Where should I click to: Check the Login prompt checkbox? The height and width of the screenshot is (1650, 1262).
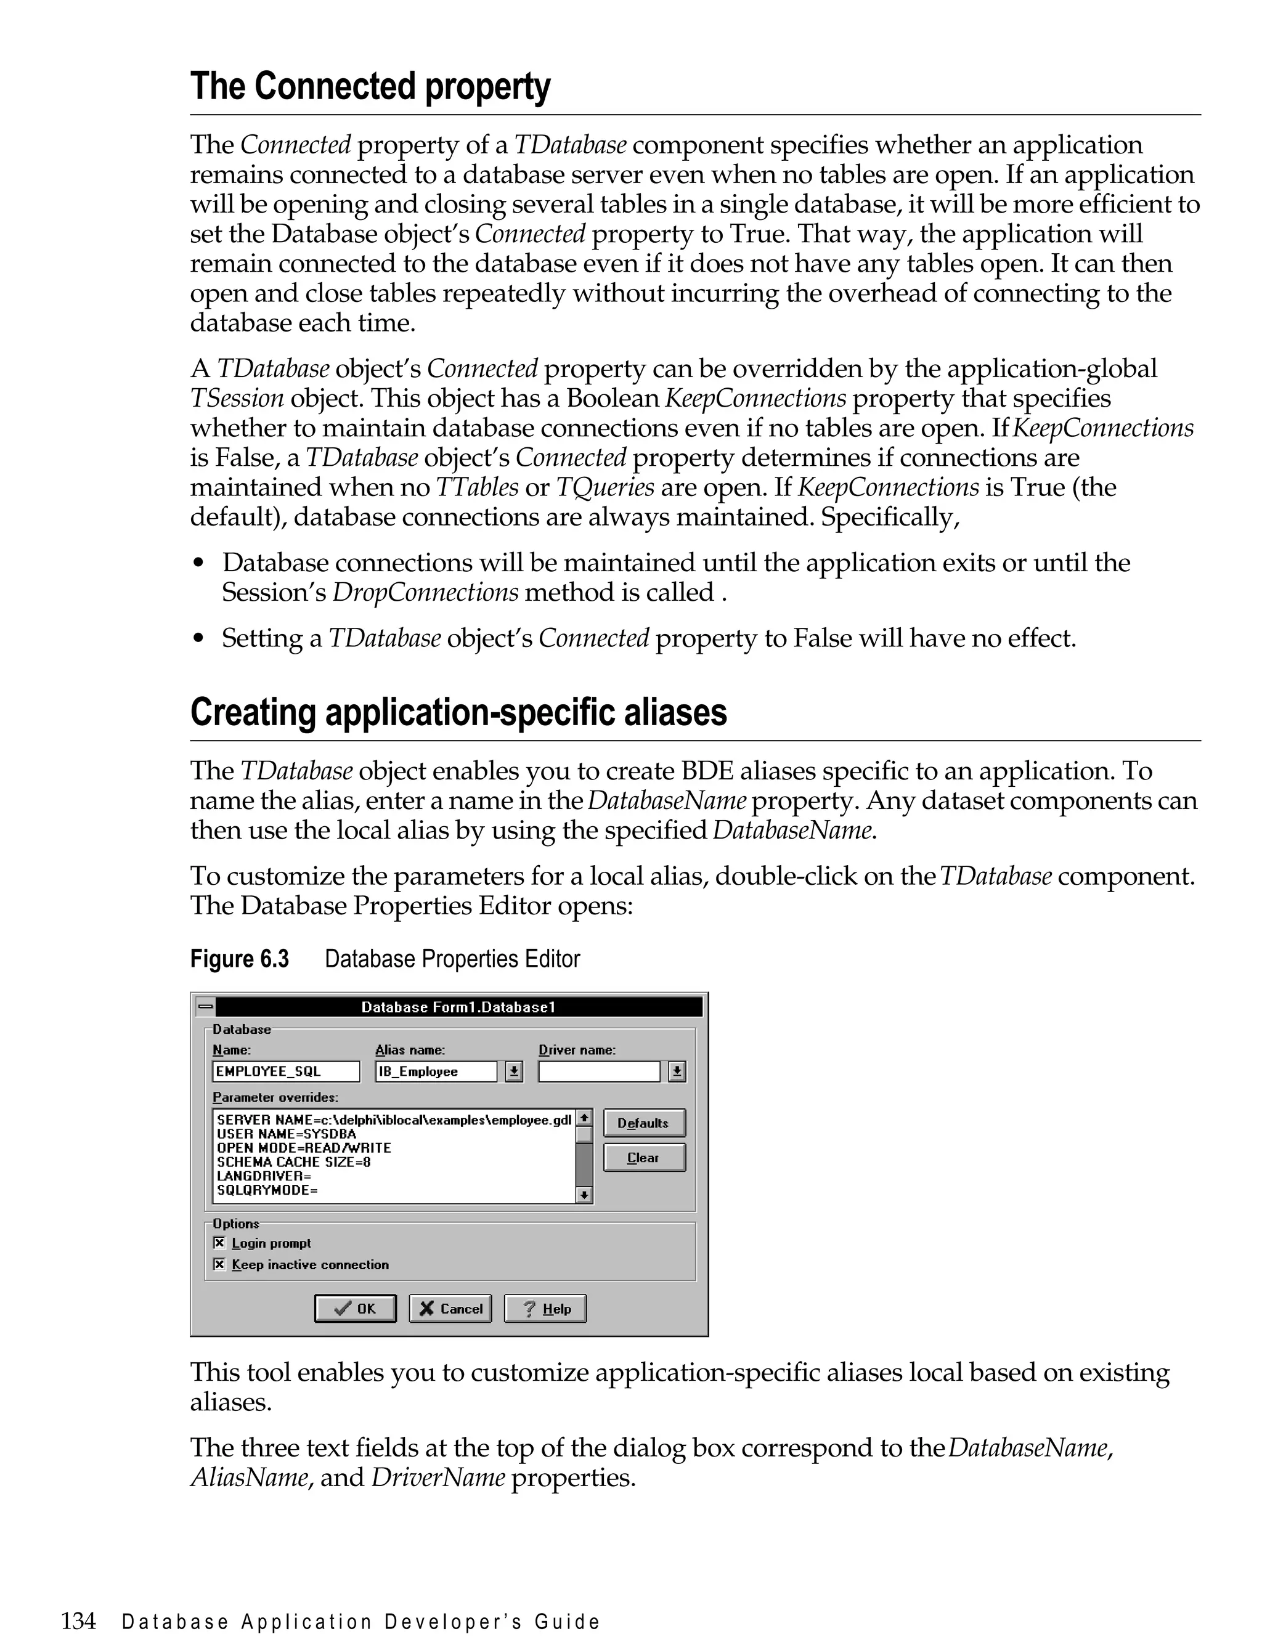coord(219,1243)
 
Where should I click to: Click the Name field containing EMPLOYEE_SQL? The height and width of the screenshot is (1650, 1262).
coord(285,1071)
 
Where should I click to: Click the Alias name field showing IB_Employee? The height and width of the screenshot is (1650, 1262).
coord(436,1071)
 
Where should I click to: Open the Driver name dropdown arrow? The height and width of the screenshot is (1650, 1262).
coord(677,1071)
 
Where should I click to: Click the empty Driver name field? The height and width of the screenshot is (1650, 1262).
coord(599,1071)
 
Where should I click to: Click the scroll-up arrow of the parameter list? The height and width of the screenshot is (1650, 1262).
coord(584,1118)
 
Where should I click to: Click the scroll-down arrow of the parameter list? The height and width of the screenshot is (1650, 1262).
coord(584,1194)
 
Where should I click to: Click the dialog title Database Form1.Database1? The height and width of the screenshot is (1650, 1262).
coord(458,1007)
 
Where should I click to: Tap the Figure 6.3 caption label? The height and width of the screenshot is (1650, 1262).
coord(239,959)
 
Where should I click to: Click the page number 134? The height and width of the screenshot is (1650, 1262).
coord(78,1620)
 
